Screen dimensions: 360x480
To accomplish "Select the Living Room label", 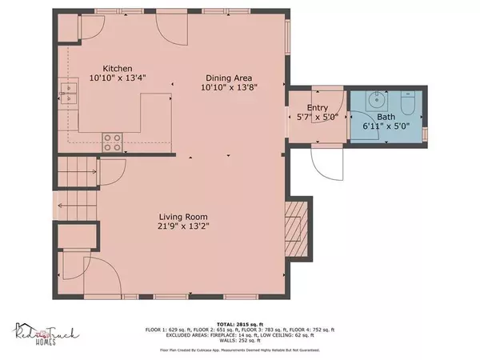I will (x=171, y=217).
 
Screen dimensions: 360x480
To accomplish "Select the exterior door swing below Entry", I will (x=327, y=166).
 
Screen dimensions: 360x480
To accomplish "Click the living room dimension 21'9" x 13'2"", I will (x=171, y=226).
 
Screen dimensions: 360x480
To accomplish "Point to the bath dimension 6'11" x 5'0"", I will (x=386, y=126).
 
